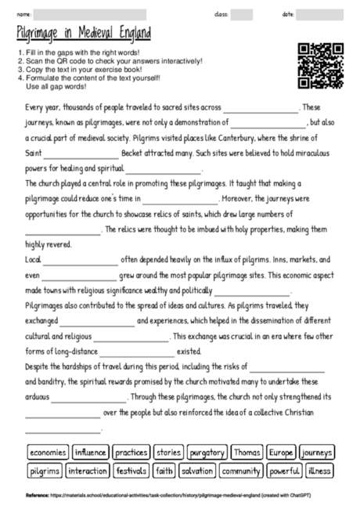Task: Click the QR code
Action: click(321, 67)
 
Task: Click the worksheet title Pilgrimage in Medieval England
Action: click(84, 33)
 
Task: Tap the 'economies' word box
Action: click(48, 453)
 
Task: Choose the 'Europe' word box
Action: click(280, 453)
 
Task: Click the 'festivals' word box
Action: click(131, 471)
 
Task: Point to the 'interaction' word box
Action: click(87, 471)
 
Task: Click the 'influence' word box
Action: click(90, 453)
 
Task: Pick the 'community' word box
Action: click(240, 471)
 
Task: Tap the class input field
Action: click(241, 14)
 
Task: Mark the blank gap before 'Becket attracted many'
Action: click(82, 154)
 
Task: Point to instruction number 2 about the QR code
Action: click(110, 61)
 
